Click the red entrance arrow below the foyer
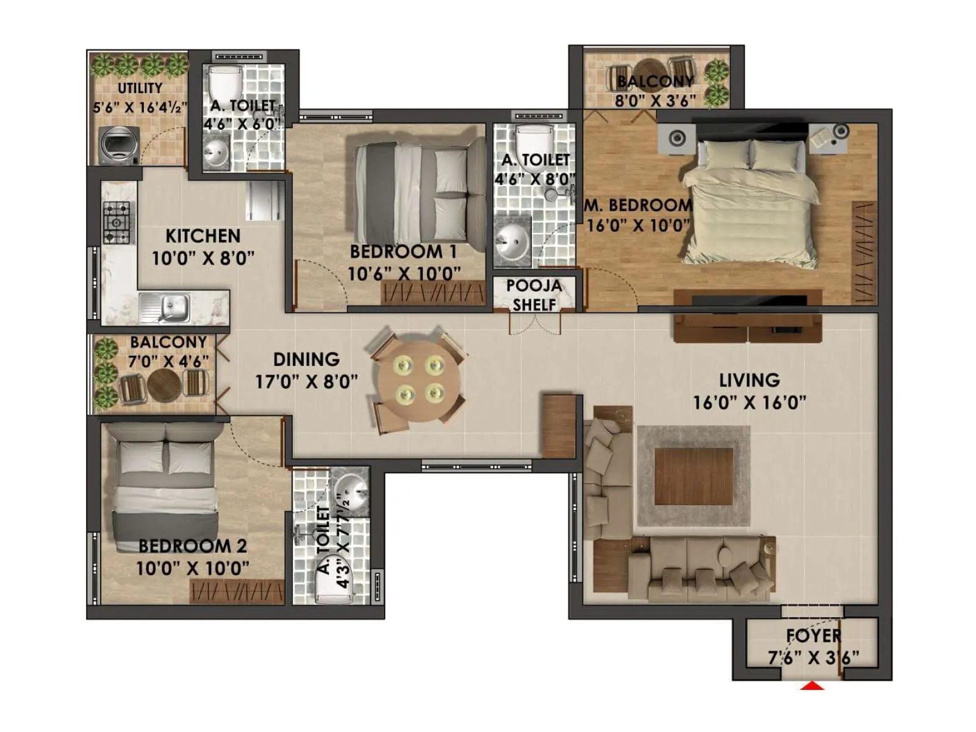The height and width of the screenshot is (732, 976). [x=813, y=686]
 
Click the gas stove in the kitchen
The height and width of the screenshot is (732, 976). [x=117, y=222]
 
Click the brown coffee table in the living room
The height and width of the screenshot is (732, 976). [x=694, y=476]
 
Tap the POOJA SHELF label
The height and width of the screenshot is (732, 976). [x=534, y=295]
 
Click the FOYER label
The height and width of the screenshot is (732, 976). [x=813, y=636]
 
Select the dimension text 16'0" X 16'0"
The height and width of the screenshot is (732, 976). [x=749, y=403]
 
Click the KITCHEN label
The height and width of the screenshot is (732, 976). [x=203, y=235]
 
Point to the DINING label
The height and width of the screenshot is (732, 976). [x=306, y=359]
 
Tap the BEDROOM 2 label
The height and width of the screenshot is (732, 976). [x=193, y=545]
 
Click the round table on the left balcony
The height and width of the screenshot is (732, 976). [x=163, y=385]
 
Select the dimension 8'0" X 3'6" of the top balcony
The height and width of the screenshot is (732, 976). [x=655, y=101]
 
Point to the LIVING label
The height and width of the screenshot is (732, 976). [x=749, y=380]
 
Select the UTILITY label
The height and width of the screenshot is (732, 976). [x=140, y=88]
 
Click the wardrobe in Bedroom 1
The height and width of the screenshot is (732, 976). [x=433, y=293]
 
